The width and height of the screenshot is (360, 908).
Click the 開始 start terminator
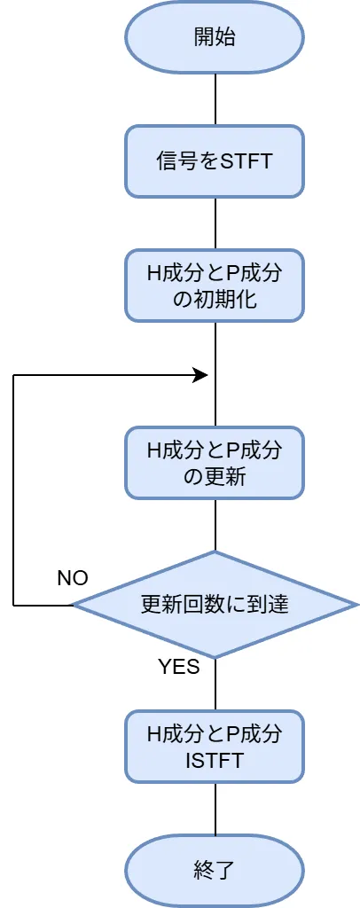click(215, 37)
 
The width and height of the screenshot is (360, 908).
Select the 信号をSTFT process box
click(215, 161)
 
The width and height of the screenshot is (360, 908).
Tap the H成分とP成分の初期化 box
click(215, 286)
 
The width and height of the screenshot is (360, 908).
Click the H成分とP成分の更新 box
click(215, 463)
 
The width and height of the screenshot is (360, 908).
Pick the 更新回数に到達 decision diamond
click(215, 605)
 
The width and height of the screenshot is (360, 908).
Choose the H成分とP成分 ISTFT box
click(215, 747)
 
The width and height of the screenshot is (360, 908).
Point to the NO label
click(73, 578)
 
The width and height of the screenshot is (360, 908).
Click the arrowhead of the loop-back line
click(201, 375)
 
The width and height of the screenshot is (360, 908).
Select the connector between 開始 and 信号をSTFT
click(215, 99)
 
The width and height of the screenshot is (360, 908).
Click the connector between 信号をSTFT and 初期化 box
click(215, 223)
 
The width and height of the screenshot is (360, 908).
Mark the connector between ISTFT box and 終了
click(215, 809)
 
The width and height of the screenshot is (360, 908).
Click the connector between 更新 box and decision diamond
click(215, 525)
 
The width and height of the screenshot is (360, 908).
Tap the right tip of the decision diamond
click(356, 605)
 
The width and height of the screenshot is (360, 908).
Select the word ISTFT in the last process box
click(215, 760)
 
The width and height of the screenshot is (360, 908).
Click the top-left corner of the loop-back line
click(13, 375)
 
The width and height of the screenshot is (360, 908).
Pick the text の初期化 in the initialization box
click(215, 299)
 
